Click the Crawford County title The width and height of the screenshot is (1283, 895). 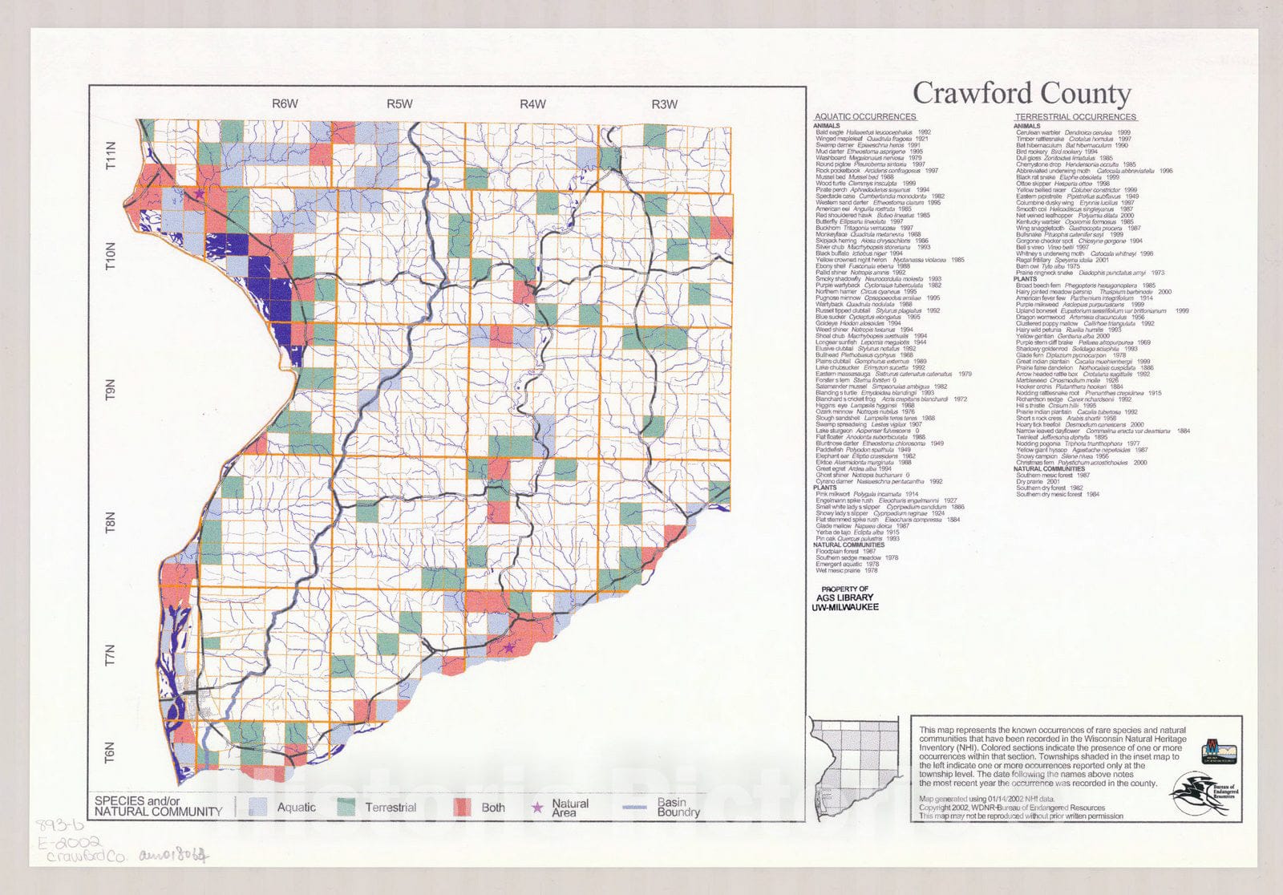tap(1021, 93)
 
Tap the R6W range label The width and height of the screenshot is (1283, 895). tap(285, 103)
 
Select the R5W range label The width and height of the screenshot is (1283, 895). tap(399, 103)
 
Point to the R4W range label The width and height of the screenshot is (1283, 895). tap(532, 103)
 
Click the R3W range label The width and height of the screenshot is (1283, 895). tap(664, 103)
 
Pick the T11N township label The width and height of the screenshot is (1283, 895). tap(112, 154)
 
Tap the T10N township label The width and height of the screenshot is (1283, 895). tap(112, 257)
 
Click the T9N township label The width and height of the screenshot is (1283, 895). tap(112, 391)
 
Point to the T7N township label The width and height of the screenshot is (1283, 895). tap(112, 655)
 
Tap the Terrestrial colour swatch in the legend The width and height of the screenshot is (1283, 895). tap(346, 807)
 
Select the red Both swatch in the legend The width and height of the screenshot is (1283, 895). tap(463, 807)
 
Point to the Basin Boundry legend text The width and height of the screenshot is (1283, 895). tap(678, 807)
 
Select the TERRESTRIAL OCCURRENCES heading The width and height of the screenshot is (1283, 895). tap(1075, 117)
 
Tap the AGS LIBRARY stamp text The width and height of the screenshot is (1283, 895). tap(844, 598)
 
